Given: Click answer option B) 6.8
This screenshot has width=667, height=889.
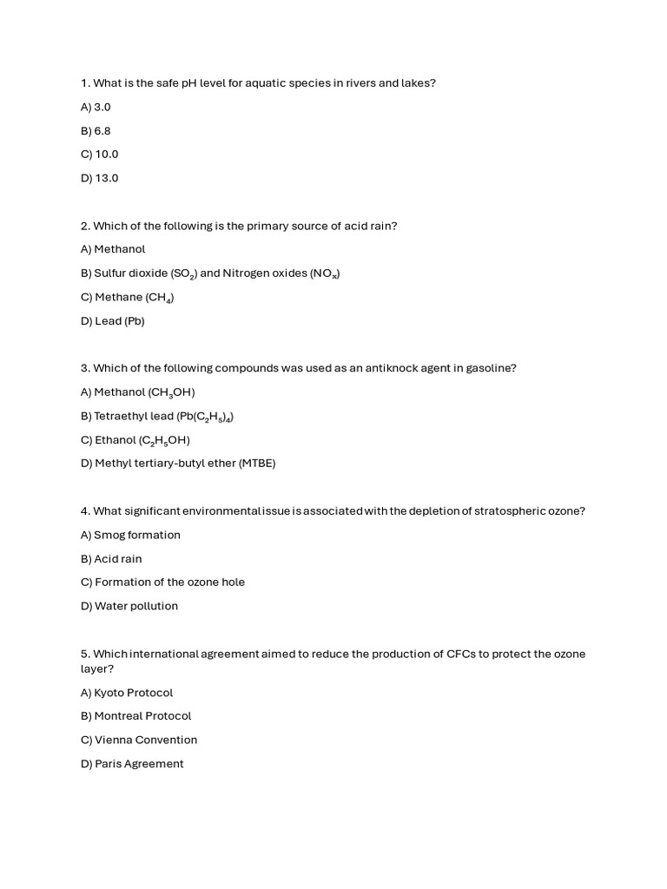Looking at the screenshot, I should click(x=96, y=131).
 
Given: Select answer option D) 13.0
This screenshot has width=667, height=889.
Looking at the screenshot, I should click(x=99, y=178).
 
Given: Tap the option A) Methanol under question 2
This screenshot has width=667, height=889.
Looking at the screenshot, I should click(x=113, y=249).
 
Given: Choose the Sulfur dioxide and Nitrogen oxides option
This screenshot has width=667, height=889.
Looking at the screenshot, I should click(x=210, y=273).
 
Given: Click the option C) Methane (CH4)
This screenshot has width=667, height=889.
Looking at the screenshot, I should click(x=128, y=298).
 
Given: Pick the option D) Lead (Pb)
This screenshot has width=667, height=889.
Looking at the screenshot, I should click(x=113, y=321).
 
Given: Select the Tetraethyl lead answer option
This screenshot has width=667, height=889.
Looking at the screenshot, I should click(x=157, y=417).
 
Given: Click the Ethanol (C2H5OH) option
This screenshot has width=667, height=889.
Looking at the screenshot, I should click(x=135, y=440).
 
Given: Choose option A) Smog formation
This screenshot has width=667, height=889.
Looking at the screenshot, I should click(x=130, y=535).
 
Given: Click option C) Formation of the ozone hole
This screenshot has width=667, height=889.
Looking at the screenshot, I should click(x=162, y=583).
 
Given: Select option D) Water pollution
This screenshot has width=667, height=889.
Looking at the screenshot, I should click(x=129, y=606).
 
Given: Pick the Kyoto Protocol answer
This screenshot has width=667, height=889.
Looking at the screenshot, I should click(x=127, y=693).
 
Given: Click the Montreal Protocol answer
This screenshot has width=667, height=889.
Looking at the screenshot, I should click(x=135, y=716).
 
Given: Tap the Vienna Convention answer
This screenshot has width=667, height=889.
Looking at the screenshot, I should click(x=139, y=740).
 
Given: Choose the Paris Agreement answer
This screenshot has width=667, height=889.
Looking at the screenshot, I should click(x=132, y=764).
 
